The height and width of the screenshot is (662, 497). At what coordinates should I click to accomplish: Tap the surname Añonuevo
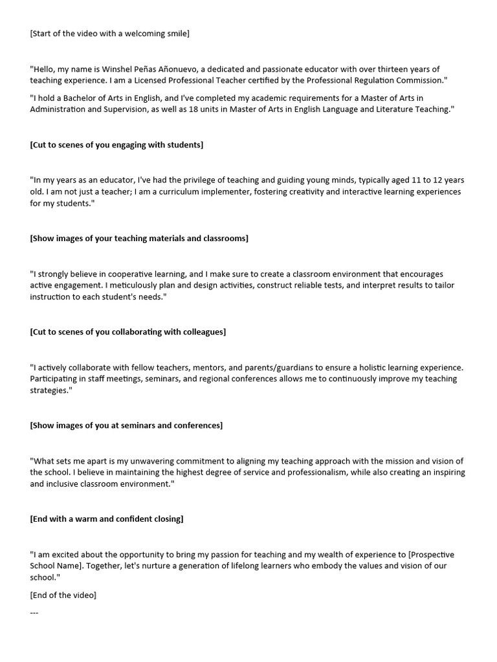(186, 69)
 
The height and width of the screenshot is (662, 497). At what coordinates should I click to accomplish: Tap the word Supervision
(111, 109)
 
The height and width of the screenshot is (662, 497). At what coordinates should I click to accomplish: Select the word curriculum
(162, 192)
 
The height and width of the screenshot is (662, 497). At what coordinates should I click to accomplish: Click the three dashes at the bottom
(34, 612)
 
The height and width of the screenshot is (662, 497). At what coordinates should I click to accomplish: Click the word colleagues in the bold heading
(201, 332)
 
